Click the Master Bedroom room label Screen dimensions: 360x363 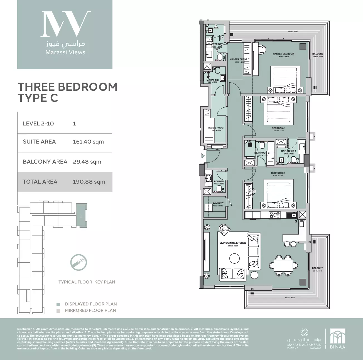(283, 54)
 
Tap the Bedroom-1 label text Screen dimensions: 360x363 (278, 128)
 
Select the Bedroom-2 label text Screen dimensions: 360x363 (278, 173)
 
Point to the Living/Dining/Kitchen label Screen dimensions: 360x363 (233, 243)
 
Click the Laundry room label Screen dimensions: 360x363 (218, 203)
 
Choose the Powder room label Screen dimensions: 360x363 (219, 181)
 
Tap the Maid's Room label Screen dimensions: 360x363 (216, 128)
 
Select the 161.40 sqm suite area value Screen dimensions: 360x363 (88, 142)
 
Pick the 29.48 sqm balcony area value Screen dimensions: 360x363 (87, 162)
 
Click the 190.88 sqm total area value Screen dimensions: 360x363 (89, 182)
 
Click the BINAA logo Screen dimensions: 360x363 (337, 339)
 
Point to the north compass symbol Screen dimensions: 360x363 (79, 262)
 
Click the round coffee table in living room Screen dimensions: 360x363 (234, 259)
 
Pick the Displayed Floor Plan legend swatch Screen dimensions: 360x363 (58, 304)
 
